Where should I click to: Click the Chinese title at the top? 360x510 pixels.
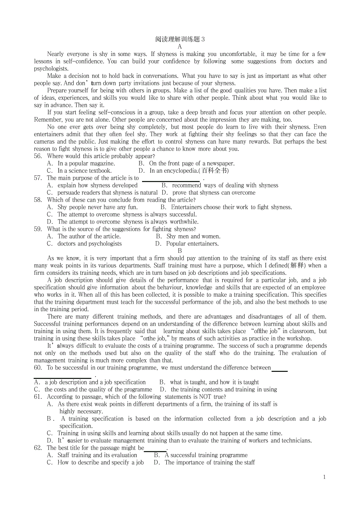[x=180, y=39]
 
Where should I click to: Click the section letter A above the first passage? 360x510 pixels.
[x=180, y=47]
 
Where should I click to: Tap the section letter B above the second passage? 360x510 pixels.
[x=180, y=251]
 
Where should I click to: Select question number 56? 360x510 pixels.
[x=38, y=156]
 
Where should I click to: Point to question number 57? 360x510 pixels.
[x=38, y=178]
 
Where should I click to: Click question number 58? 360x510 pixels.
[x=38, y=200]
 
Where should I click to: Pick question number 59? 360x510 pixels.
[x=38, y=229]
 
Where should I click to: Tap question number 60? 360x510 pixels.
[x=38, y=368]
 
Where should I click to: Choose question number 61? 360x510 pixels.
[x=38, y=397]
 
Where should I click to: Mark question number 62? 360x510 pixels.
[x=38, y=448]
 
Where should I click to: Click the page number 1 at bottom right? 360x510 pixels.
[x=324, y=477]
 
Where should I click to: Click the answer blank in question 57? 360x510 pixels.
[x=171, y=180]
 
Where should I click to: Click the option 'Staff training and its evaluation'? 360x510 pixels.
[x=97, y=455]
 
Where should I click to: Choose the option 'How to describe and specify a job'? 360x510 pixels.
[x=101, y=463]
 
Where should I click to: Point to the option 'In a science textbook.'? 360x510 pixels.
[x=85, y=171]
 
